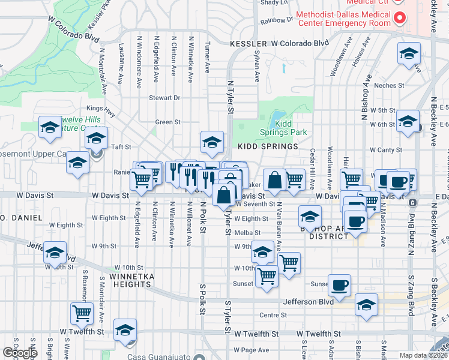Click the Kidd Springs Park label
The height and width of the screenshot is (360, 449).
[x=283, y=128]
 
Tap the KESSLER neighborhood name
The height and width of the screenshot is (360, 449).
[x=249, y=44]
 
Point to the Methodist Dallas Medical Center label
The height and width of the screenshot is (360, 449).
[x=342, y=19]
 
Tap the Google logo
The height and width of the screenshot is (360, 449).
[x=20, y=352]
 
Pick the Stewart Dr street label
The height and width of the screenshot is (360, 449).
[x=164, y=98]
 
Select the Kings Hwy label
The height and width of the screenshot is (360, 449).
[x=100, y=109]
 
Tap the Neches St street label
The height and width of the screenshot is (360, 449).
[x=390, y=86]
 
